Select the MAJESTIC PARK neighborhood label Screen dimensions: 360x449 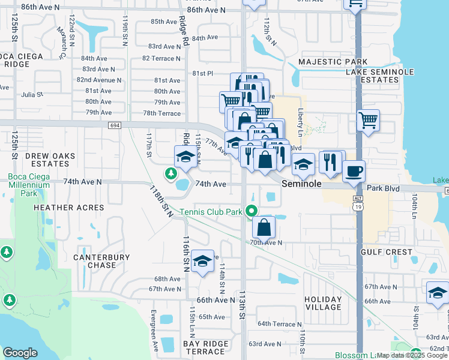(333, 62)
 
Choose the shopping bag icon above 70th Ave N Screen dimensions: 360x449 (264, 227)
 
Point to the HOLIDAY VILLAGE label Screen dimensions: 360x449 (322, 303)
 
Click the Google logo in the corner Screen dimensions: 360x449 (20, 353)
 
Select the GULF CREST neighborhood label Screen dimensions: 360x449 (386, 252)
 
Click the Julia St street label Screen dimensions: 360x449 (32, 95)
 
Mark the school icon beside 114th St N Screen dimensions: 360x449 (203, 262)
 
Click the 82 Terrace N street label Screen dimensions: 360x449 (161, 58)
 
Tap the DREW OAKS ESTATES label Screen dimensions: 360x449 (50, 160)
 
